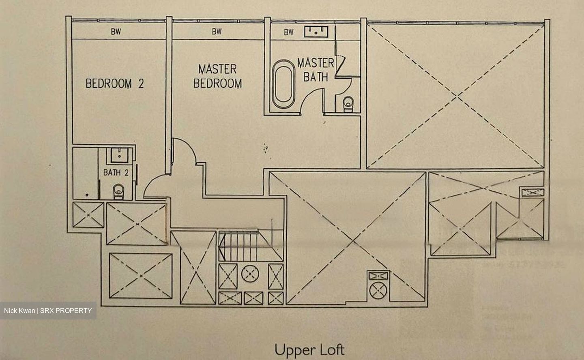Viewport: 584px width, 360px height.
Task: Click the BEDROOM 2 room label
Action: [114, 84]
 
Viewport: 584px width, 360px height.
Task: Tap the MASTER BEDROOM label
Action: [217, 76]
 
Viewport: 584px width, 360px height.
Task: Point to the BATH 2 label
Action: [116, 173]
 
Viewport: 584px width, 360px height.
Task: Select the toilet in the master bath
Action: [348, 104]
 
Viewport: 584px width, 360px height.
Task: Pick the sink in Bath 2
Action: [119, 154]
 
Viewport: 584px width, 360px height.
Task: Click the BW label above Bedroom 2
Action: [116, 32]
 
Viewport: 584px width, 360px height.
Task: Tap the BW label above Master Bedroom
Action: [217, 32]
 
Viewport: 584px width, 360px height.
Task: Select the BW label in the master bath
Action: [288, 32]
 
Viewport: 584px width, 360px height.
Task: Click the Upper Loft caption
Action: [309, 349]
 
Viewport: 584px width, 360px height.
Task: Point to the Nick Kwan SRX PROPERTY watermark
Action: [48, 311]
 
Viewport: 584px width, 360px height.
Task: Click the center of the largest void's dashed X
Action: [457, 96]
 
